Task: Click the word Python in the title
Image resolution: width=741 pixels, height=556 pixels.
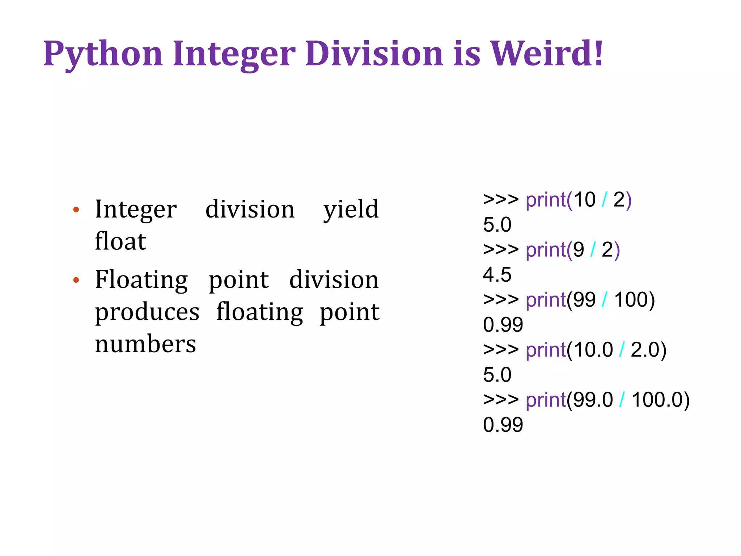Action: [x=103, y=54]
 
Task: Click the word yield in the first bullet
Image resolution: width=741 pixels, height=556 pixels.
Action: [x=351, y=210]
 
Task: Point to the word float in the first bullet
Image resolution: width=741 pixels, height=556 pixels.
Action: [x=120, y=241]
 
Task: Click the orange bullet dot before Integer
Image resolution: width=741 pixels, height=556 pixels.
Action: [x=76, y=210]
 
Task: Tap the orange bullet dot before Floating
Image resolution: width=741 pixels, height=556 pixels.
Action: [x=76, y=280]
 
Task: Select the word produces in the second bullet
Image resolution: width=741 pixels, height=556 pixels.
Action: [x=147, y=312]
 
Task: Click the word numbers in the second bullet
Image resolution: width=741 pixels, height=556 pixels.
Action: [x=145, y=344]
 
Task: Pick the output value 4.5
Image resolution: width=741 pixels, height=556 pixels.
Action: [x=497, y=274]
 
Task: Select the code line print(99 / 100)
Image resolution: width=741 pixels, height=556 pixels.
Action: [x=569, y=300]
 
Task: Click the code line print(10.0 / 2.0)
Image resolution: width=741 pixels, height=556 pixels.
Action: [x=575, y=350]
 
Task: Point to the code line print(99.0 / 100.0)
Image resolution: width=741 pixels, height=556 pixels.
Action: [x=586, y=400]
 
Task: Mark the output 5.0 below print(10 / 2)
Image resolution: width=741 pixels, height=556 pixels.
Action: [x=497, y=224]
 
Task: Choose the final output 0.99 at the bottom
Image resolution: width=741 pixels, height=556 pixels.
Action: [x=503, y=425]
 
